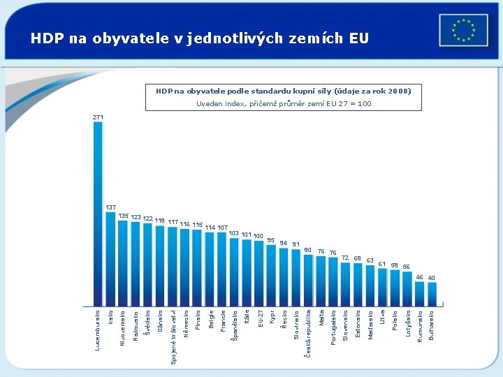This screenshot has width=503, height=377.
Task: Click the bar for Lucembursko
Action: tap(98, 214)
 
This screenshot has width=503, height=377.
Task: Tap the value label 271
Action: tap(98, 117)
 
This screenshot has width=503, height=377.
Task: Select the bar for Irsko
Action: tap(110, 258)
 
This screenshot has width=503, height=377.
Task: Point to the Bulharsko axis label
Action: tap(432, 325)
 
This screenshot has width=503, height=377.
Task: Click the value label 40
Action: tap(432, 278)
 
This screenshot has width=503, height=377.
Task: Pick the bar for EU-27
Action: tap(259, 273)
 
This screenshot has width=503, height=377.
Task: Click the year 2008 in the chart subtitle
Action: tap(397, 91)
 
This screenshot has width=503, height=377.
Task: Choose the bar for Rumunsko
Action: tap(419, 293)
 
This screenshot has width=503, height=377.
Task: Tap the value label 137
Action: tap(110, 207)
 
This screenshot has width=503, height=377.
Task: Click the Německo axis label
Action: tap(185, 323)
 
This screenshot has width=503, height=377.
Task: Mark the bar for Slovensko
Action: tap(345, 284)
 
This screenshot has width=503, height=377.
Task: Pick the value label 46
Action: tap(419, 277)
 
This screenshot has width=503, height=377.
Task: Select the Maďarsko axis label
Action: tap(370, 325)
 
